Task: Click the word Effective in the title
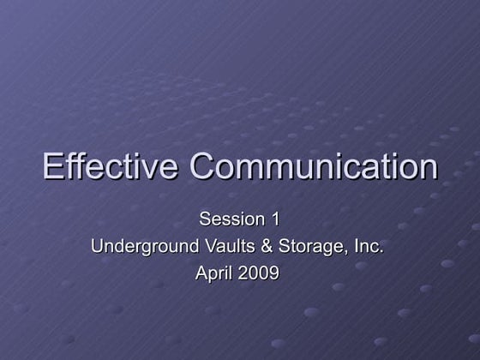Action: (x=111, y=166)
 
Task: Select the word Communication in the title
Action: (x=314, y=166)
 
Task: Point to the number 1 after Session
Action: (x=274, y=219)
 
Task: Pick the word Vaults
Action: (x=220, y=247)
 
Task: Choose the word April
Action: (x=213, y=274)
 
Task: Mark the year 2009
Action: (x=259, y=274)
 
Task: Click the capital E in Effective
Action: (x=53, y=166)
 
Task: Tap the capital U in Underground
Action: (x=97, y=247)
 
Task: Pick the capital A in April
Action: (x=201, y=274)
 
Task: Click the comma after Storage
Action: (x=346, y=252)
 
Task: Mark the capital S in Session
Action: (x=205, y=219)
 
